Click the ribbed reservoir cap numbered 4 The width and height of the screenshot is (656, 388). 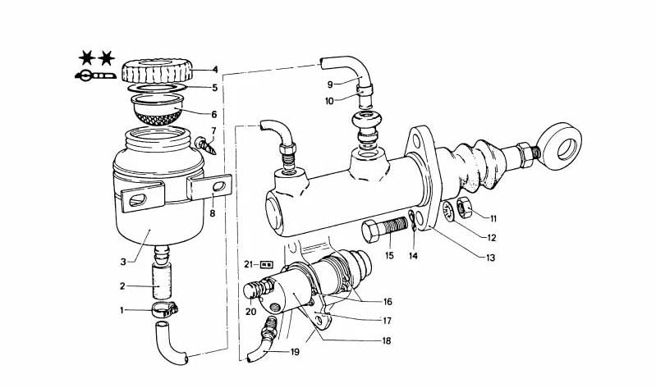[x=157, y=71]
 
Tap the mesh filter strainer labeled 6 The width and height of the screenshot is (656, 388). [x=157, y=110]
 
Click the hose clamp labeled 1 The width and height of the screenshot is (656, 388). [x=165, y=311]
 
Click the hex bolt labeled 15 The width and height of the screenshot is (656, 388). [x=384, y=229]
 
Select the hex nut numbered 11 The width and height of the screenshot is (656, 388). [x=464, y=207]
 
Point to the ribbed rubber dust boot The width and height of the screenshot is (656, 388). [x=473, y=164]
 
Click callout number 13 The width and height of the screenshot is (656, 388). [x=490, y=257]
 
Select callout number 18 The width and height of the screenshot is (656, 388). [x=386, y=340]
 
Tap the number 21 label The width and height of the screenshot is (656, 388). [x=249, y=264]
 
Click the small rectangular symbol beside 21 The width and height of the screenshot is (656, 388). [x=267, y=264]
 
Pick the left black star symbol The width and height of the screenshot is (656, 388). [x=87, y=57]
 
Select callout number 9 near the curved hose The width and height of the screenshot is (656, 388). [x=330, y=84]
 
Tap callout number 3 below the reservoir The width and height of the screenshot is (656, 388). [x=123, y=262]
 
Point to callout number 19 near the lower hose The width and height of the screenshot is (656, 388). [x=295, y=352]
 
